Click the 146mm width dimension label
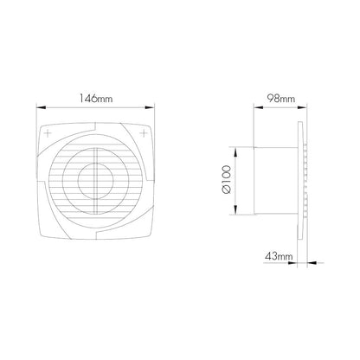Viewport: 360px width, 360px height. tap(96, 99)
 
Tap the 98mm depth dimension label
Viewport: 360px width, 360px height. tap(281, 99)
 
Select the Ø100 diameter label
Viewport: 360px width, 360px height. tap(227, 179)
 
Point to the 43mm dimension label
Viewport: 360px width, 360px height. tap(279, 256)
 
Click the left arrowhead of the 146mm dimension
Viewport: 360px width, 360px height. tap(41, 107)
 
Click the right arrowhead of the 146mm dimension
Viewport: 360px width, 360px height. tap(150, 107)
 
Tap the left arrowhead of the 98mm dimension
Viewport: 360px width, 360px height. tap(259, 107)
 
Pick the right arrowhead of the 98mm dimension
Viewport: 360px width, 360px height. tap(301, 107)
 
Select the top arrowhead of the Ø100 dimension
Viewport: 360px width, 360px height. tap(235, 152)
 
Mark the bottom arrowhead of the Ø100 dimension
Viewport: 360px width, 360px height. tap(235, 209)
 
